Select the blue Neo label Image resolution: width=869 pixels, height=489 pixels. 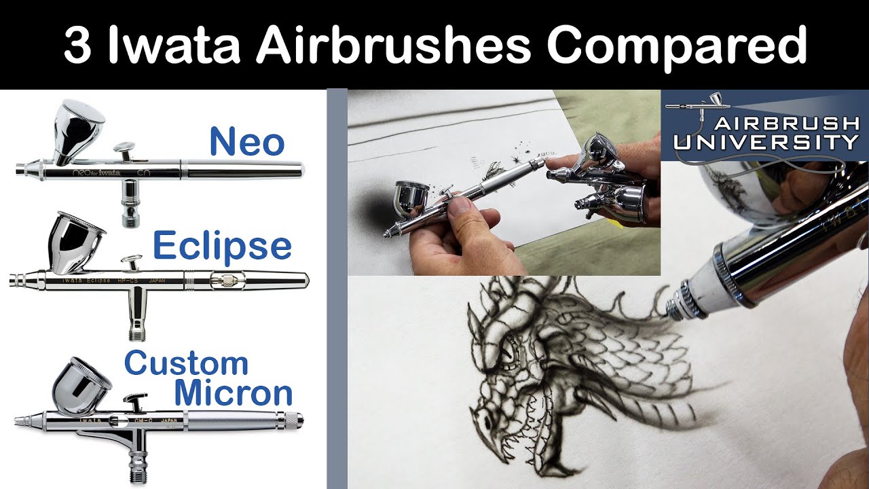[246, 142]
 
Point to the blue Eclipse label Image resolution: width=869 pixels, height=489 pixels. [222, 245]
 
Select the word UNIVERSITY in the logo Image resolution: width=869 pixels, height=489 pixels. [766, 142]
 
